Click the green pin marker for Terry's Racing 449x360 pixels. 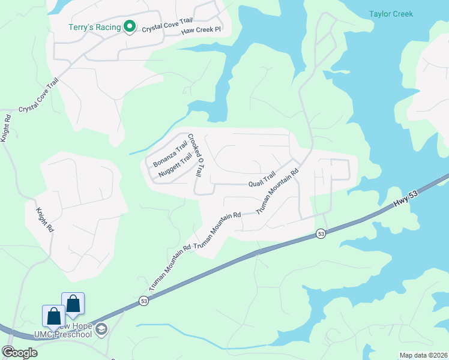(128, 26)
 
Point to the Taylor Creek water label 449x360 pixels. (391, 14)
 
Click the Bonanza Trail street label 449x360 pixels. (170, 154)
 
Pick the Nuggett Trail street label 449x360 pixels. (175, 165)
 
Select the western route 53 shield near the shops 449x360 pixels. (143, 300)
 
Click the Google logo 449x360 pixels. (19, 352)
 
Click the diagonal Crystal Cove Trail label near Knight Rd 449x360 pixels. (39, 96)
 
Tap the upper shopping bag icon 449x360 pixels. (73, 304)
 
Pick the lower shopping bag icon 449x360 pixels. (53, 316)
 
